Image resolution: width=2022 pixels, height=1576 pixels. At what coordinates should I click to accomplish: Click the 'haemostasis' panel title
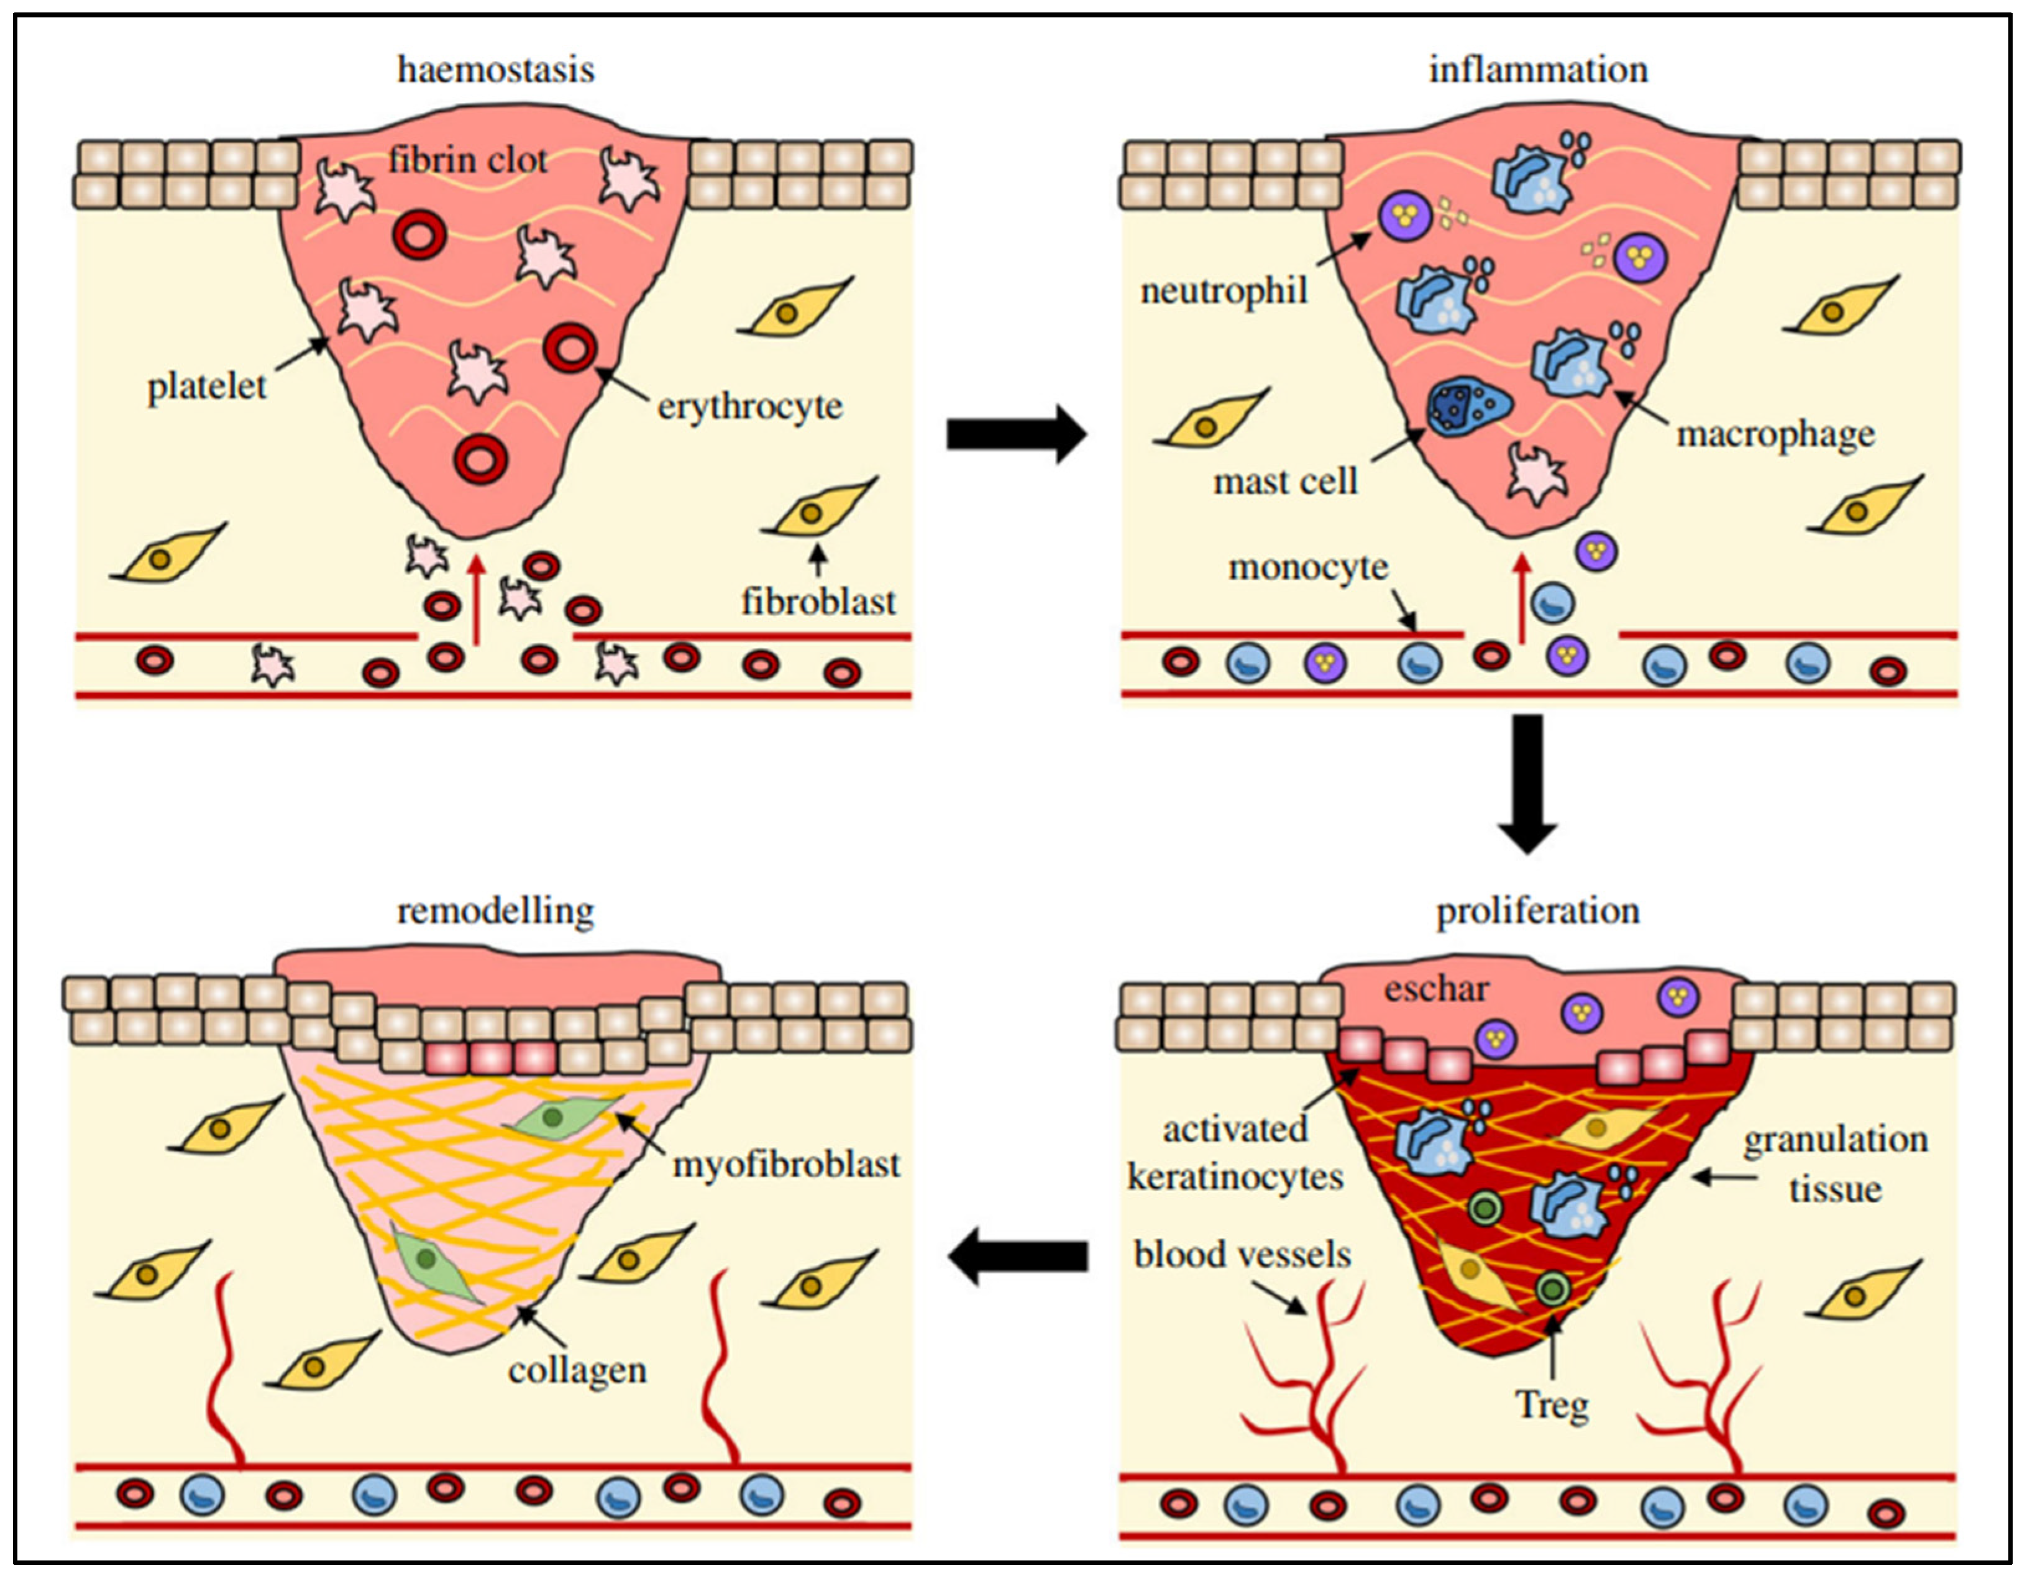pyautogui.click(x=495, y=70)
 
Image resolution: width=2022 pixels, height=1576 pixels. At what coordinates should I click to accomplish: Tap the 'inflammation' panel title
pyautogui.click(x=1538, y=70)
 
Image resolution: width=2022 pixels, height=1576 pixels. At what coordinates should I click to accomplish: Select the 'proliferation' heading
pyautogui.click(x=1537, y=911)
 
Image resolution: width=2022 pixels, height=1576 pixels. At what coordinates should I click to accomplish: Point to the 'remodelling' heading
pyautogui.click(x=495, y=911)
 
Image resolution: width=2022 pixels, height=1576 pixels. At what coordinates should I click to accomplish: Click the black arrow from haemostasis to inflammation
pyautogui.click(x=1015, y=433)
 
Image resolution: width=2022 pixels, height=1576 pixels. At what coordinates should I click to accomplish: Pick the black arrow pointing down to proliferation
pyautogui.click(x=1527, y=782)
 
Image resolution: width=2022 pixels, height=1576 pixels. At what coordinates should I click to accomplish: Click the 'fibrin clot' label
pyautogui.click(x=467, y=160)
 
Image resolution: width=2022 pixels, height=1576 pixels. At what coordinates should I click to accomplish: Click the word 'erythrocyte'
pyautogui.click(x=750, y=406)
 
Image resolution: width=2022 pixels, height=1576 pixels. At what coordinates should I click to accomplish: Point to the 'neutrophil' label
pyautogui.click(x=1224, y=291)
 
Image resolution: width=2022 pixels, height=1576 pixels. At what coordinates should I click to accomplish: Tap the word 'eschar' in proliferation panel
pyautogui.click(x=1436, y=989)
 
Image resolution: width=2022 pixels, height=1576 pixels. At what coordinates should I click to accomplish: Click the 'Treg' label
pyautogui.click(x=1552, y=1404)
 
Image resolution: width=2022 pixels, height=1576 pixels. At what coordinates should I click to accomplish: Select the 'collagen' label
pyautogui.click(x=577, y=1370)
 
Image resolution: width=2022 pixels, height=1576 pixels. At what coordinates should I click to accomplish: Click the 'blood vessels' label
pyautogui.click(x=1242, y=1255)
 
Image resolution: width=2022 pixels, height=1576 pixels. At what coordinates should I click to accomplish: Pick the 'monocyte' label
pyautogui.click(x=1308, y=567)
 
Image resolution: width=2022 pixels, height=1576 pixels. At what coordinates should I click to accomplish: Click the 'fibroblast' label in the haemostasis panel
pyautogui.click(x=818, y=602)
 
